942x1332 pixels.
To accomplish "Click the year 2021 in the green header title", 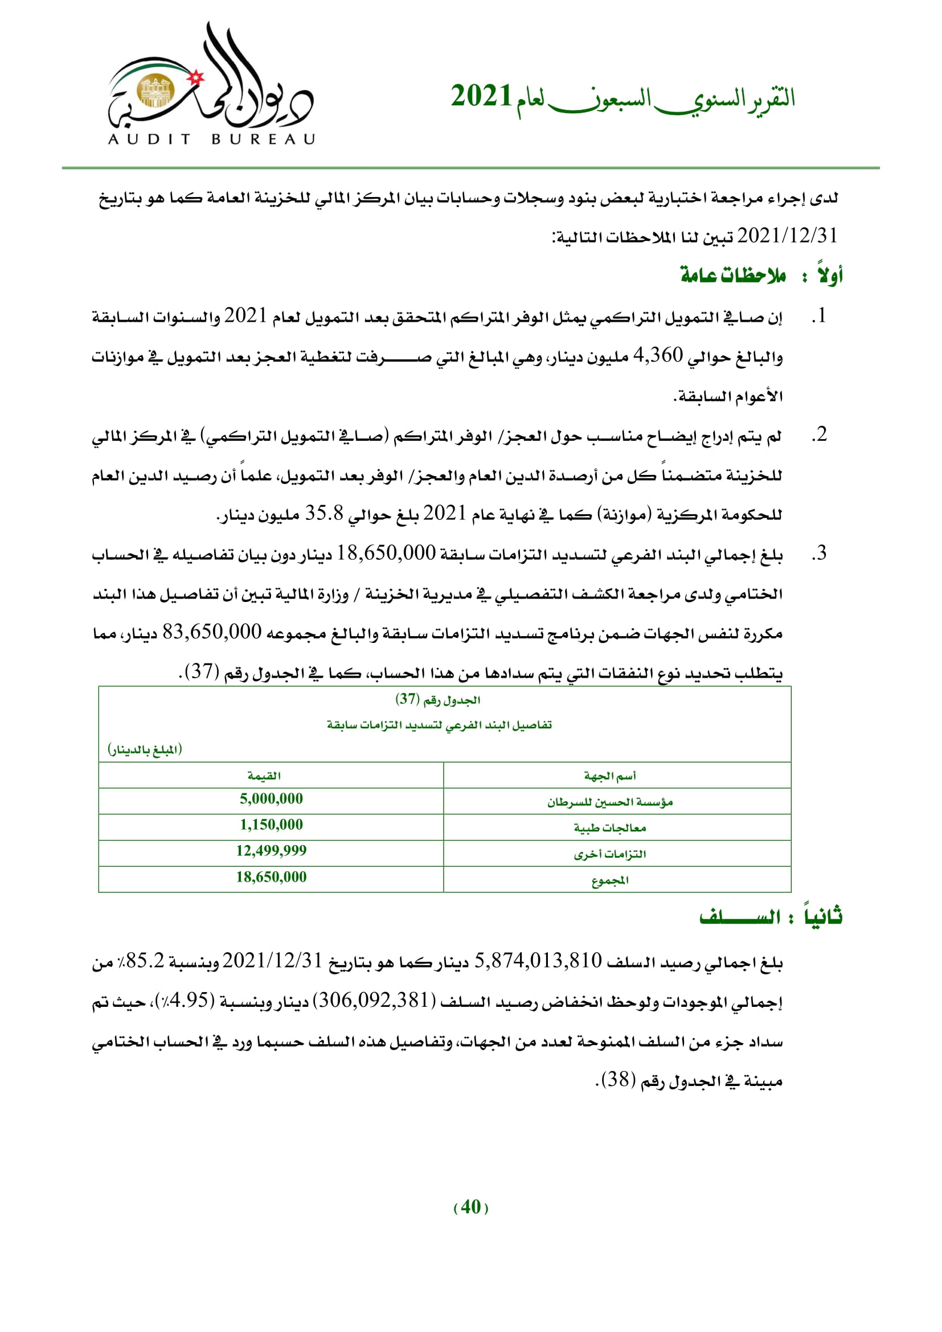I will [481, 96].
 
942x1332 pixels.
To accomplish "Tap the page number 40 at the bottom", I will [470, 1207].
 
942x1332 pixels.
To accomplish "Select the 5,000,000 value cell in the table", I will [271, 799].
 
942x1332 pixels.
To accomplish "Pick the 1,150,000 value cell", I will [271, 825].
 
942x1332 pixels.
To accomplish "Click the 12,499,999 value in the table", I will [271, 850].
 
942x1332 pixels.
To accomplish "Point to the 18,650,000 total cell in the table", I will [271, 876].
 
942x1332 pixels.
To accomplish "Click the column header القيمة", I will [264, 776].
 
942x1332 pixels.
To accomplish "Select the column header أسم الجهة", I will [609, 776].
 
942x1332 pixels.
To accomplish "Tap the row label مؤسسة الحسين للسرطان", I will [609, 802].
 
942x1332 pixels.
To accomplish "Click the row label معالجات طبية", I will [609, 828].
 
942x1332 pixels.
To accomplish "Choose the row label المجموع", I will [609, 880].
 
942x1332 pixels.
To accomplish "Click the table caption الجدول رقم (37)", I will [438, 700].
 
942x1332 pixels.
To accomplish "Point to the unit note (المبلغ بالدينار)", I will [145, 749].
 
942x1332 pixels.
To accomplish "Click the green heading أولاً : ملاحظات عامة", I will [761, 275].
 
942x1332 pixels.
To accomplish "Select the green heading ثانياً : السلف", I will [771, 917].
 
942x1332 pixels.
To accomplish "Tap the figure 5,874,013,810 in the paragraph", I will [538, 961].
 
